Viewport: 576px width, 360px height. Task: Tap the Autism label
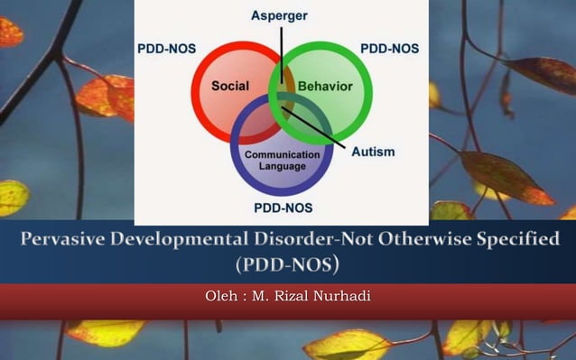(x=373, y=152)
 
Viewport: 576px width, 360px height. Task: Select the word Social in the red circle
(x=230, y=87)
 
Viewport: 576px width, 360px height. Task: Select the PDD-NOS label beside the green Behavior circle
(x=389, y=49)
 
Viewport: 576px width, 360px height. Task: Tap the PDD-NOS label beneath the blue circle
(x=283, y=208)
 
